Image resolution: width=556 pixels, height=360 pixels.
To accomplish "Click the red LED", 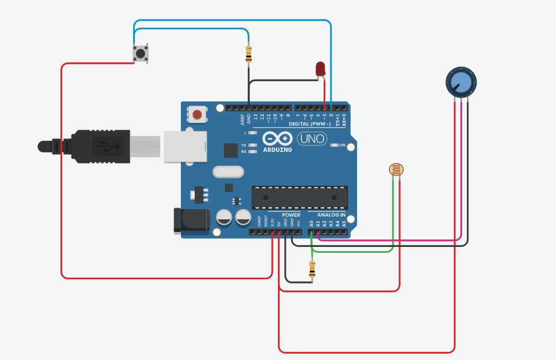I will pyautogui.click(x=320, y=68).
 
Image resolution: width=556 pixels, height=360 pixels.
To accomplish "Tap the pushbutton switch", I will pyautogui.click(x=140, y=54).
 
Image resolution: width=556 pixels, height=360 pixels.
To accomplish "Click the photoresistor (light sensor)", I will pyautogui.click(x=396, y=170).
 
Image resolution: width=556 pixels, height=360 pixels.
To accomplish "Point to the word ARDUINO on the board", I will pyautogui.click(x=277, y=150).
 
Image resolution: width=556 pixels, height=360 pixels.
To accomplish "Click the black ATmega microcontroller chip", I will pyautogui.click(x=300, y=197).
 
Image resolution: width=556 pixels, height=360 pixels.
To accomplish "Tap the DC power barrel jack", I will pyautogui.click(x=192, y=220).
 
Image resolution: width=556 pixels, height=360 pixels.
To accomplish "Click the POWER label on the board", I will pyautogui.click(x=291, y=215).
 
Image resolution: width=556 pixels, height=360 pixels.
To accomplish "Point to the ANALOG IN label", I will pyautogui.click(x=332, y=215).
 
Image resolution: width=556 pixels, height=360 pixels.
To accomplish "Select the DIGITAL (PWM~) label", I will pyautogui.click(x=313, y=124).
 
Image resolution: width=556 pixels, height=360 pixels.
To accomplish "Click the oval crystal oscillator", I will pyautogui.click(x=228, y=172).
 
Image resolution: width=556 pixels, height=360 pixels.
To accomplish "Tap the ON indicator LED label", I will pyautogui.click(x=342, y=145).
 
